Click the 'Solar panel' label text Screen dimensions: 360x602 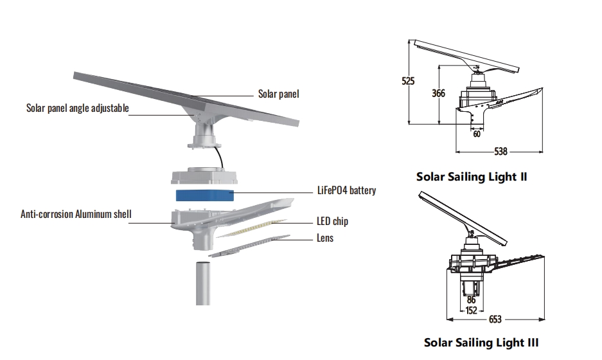click(x=278, y=94)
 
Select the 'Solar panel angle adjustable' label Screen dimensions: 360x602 click(x=77, y=108)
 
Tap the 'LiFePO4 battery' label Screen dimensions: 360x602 click(x=346, y=191)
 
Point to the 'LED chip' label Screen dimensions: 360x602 click(x=332, y=221)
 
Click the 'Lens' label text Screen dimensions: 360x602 click(x=324, y=239)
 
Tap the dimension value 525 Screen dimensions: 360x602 click(x=408, y=81)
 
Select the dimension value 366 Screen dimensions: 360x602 click(x=438, y=93)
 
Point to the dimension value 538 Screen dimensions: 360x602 click(x=500, y=152)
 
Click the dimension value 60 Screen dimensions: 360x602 click(x=477, y=134)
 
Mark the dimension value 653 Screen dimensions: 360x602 click(x=495, y=319)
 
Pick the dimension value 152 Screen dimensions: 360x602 click(x=471, y=310)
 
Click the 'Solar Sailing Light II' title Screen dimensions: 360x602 click(x=472, y=176)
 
